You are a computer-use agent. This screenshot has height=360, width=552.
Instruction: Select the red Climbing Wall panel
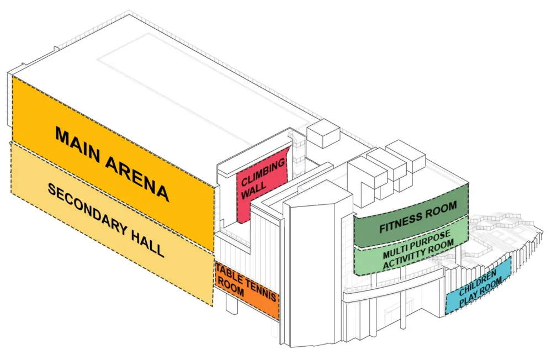[x=263, y=185]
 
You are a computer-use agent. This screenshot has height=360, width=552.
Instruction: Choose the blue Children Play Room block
[x=479, y=285]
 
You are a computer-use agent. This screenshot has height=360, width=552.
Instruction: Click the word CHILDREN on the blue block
[x=478, y=280]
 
